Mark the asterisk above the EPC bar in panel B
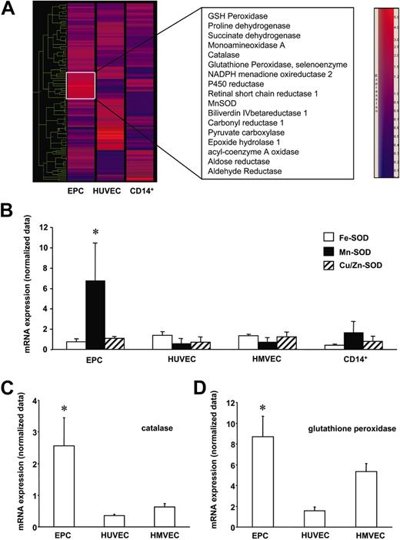95,233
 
